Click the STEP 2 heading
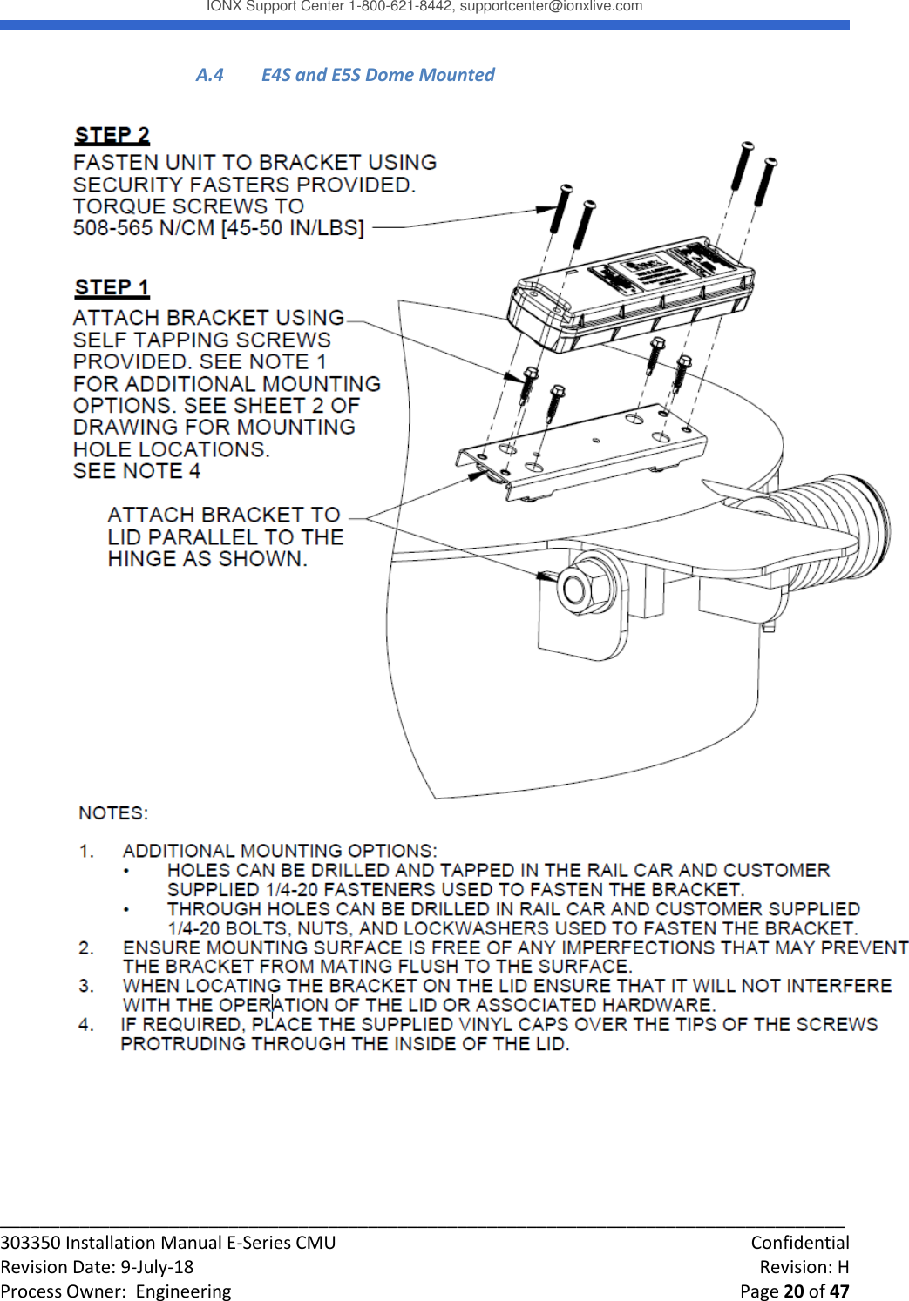click(112, 136)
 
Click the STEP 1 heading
click(112, 287)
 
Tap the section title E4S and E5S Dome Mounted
click(377, 75)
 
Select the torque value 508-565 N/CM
click(145, 228)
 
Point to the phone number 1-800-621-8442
click(400, 7)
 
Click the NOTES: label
click(113, 813)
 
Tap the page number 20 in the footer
click(794, 1291)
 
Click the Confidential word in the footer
click(799, 1243)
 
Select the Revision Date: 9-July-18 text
click(97, 1267)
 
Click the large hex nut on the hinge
click(579, 589)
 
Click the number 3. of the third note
click(86, 986)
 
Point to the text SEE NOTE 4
click(137, 471)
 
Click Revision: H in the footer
click(804, 1267)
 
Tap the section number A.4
click(209, 75)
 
